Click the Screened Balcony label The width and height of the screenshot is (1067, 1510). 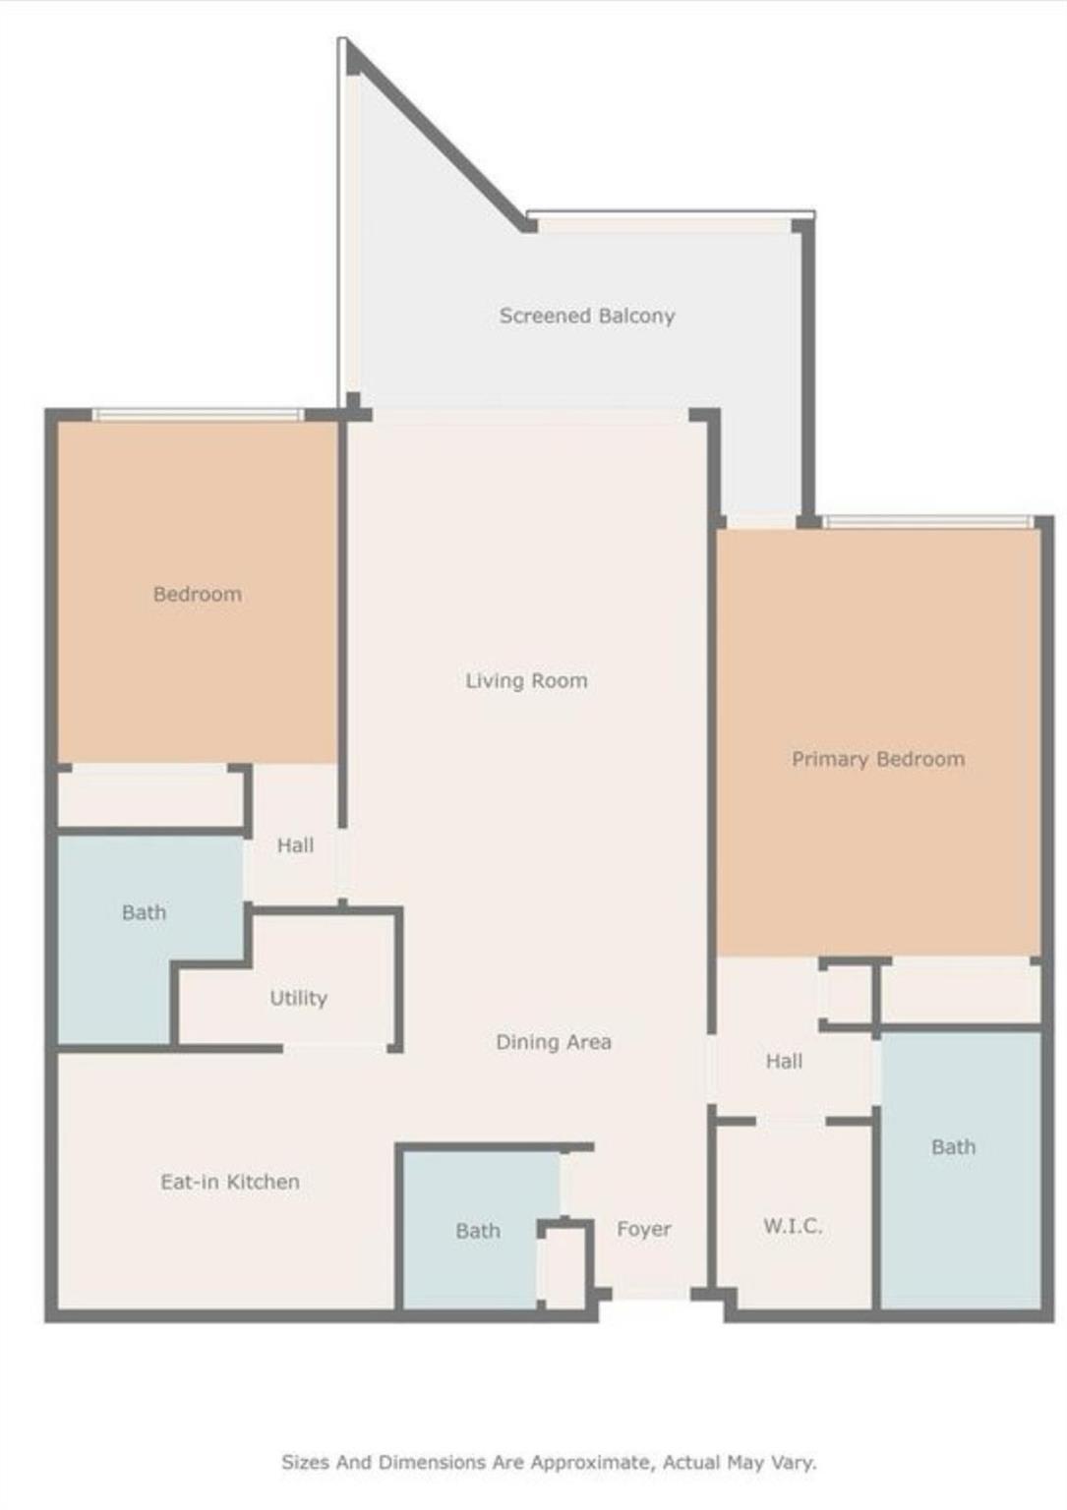(587, 316)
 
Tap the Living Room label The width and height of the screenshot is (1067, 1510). (526, 680)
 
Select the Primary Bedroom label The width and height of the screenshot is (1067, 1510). (878, 759)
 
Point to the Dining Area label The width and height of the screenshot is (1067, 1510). (553, 1042)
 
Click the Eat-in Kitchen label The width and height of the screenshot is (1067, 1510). (230, 1182)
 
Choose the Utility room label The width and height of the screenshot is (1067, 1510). (298, 999)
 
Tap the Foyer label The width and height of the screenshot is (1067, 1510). (644, 1229)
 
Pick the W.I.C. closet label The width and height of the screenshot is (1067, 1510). (793, 1226)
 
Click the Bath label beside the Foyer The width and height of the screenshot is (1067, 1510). (478, 1231)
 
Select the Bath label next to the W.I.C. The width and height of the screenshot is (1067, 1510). (953, 1147)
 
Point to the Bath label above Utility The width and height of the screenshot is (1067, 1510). (144, 912)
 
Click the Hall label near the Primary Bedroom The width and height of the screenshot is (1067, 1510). (784, 1061)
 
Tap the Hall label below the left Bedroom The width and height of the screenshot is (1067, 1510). (295, 845)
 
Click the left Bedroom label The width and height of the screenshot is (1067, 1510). (197, 594)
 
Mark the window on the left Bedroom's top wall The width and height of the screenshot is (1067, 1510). (198, 415)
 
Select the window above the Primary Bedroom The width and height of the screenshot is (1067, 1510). (927, 521)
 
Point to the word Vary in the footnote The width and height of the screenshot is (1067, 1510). (795, 1463)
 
